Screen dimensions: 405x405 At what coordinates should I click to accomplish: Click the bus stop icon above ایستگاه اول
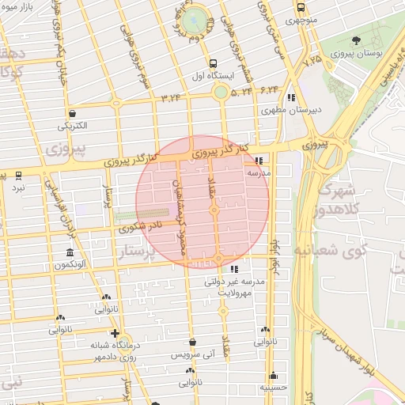pyautogui.click(x=211, y=63)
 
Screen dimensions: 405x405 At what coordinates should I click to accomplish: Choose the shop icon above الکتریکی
pyautogui.click(x=73, y=112)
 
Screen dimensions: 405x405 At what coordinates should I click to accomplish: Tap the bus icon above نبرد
pyautogui.click(x=18, y=175)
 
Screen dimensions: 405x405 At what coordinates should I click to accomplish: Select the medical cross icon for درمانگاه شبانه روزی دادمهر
pyautogui.click(x=115, y=333)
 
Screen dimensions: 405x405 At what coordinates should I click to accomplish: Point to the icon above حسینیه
pyautogui.click(x=274, y=375)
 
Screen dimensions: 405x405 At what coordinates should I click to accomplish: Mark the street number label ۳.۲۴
pyautogui.click(x=171, y=98)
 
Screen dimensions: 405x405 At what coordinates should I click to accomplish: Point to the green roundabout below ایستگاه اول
pyautogui.click(x=220, y=93)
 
